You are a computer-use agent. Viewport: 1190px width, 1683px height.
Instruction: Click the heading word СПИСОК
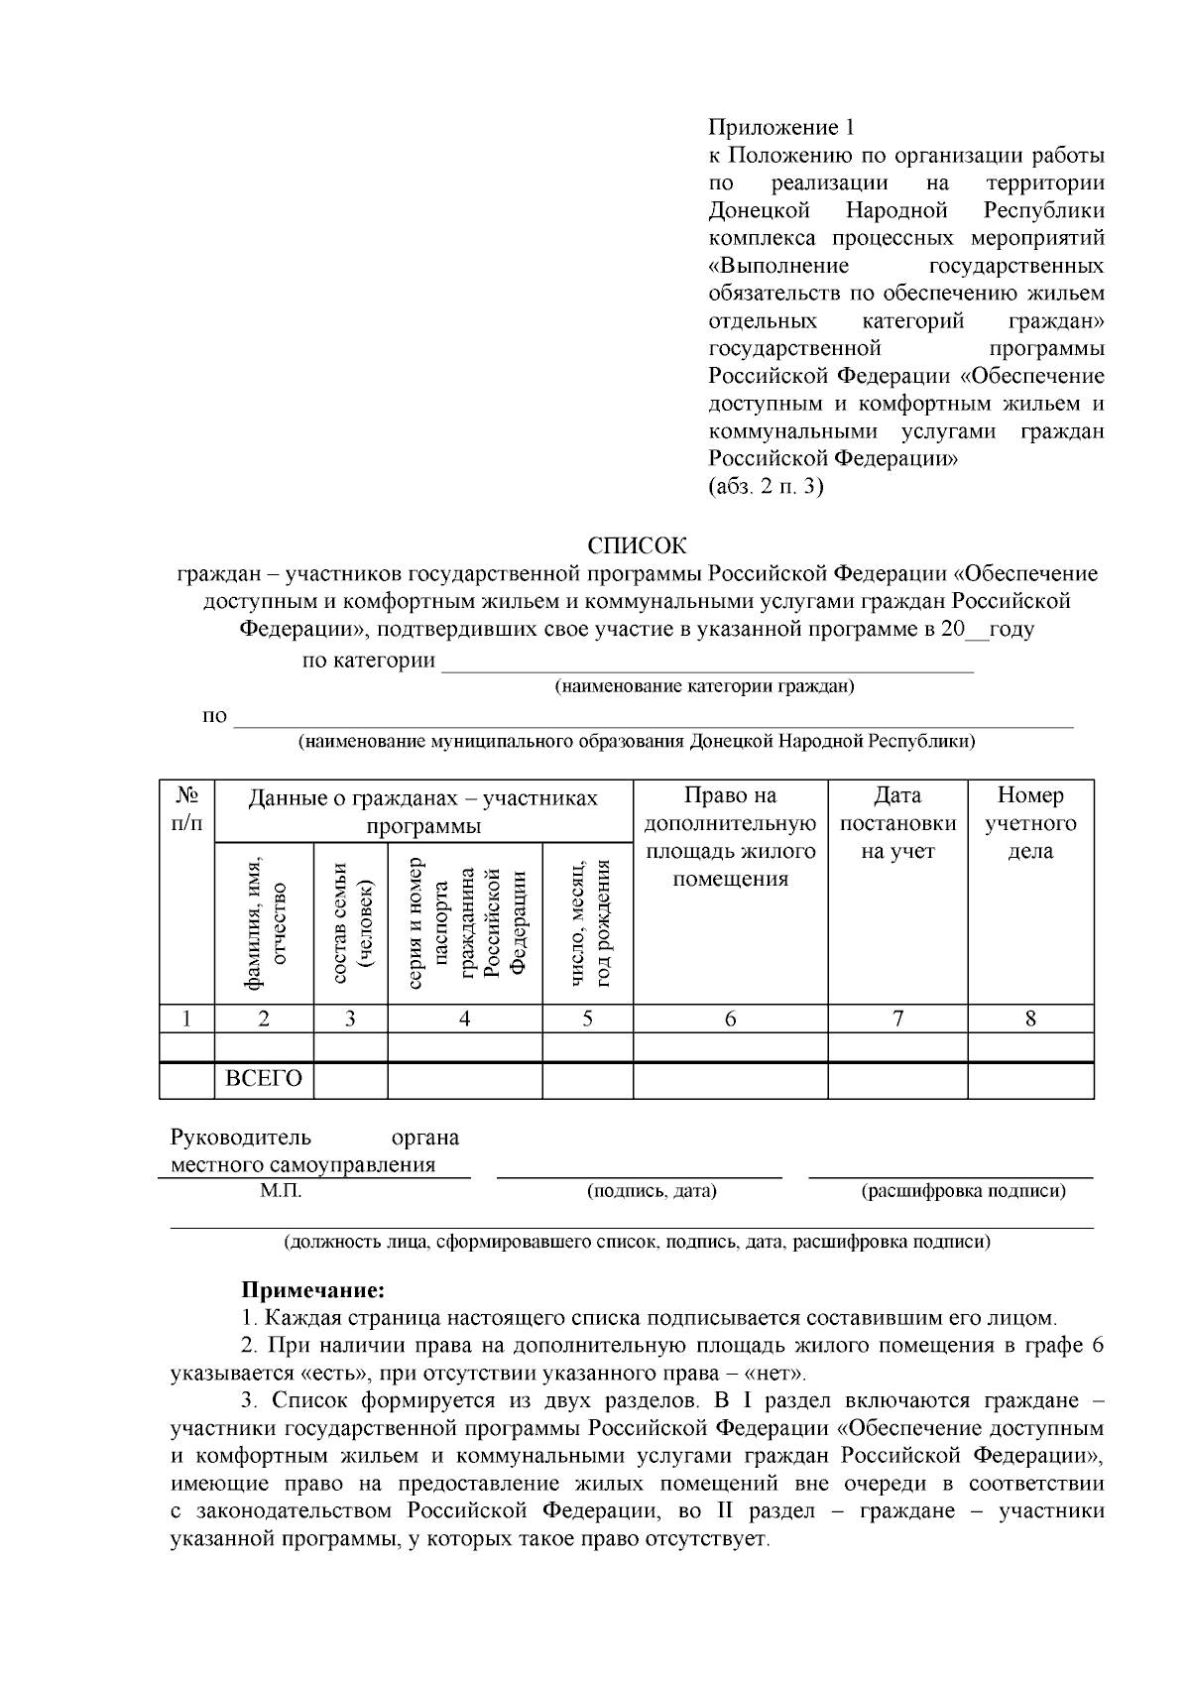point(636,545)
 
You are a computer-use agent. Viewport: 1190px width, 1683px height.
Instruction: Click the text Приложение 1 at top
point(780,127)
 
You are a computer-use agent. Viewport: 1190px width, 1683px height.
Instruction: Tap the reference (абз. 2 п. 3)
point(766,487)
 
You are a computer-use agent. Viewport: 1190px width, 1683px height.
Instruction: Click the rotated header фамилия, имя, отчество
point(265,922)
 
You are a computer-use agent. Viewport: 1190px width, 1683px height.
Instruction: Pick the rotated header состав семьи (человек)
point(350,922)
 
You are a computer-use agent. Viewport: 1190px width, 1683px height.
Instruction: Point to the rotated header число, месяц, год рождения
point(588,922)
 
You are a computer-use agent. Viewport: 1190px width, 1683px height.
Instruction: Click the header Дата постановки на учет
point(897,823)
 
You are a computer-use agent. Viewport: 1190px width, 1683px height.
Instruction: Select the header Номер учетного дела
point(1030,823)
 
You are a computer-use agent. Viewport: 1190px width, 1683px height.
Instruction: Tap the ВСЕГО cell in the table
point(264,1079)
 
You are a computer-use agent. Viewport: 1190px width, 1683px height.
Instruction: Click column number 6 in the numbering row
point(730,1019)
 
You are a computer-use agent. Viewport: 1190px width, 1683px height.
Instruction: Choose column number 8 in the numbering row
point(1030,1019)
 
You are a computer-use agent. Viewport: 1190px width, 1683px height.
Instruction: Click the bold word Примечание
point(312,1290)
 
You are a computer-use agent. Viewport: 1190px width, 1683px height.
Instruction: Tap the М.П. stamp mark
point(281,1191)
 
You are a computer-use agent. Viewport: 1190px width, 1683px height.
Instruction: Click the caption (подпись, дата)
point(652,1191)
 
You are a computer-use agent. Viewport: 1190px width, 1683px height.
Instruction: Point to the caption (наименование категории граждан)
point(704,686)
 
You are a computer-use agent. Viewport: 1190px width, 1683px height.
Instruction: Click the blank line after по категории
point(707,664)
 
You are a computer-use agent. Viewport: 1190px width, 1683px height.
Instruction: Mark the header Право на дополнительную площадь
point(730,837)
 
